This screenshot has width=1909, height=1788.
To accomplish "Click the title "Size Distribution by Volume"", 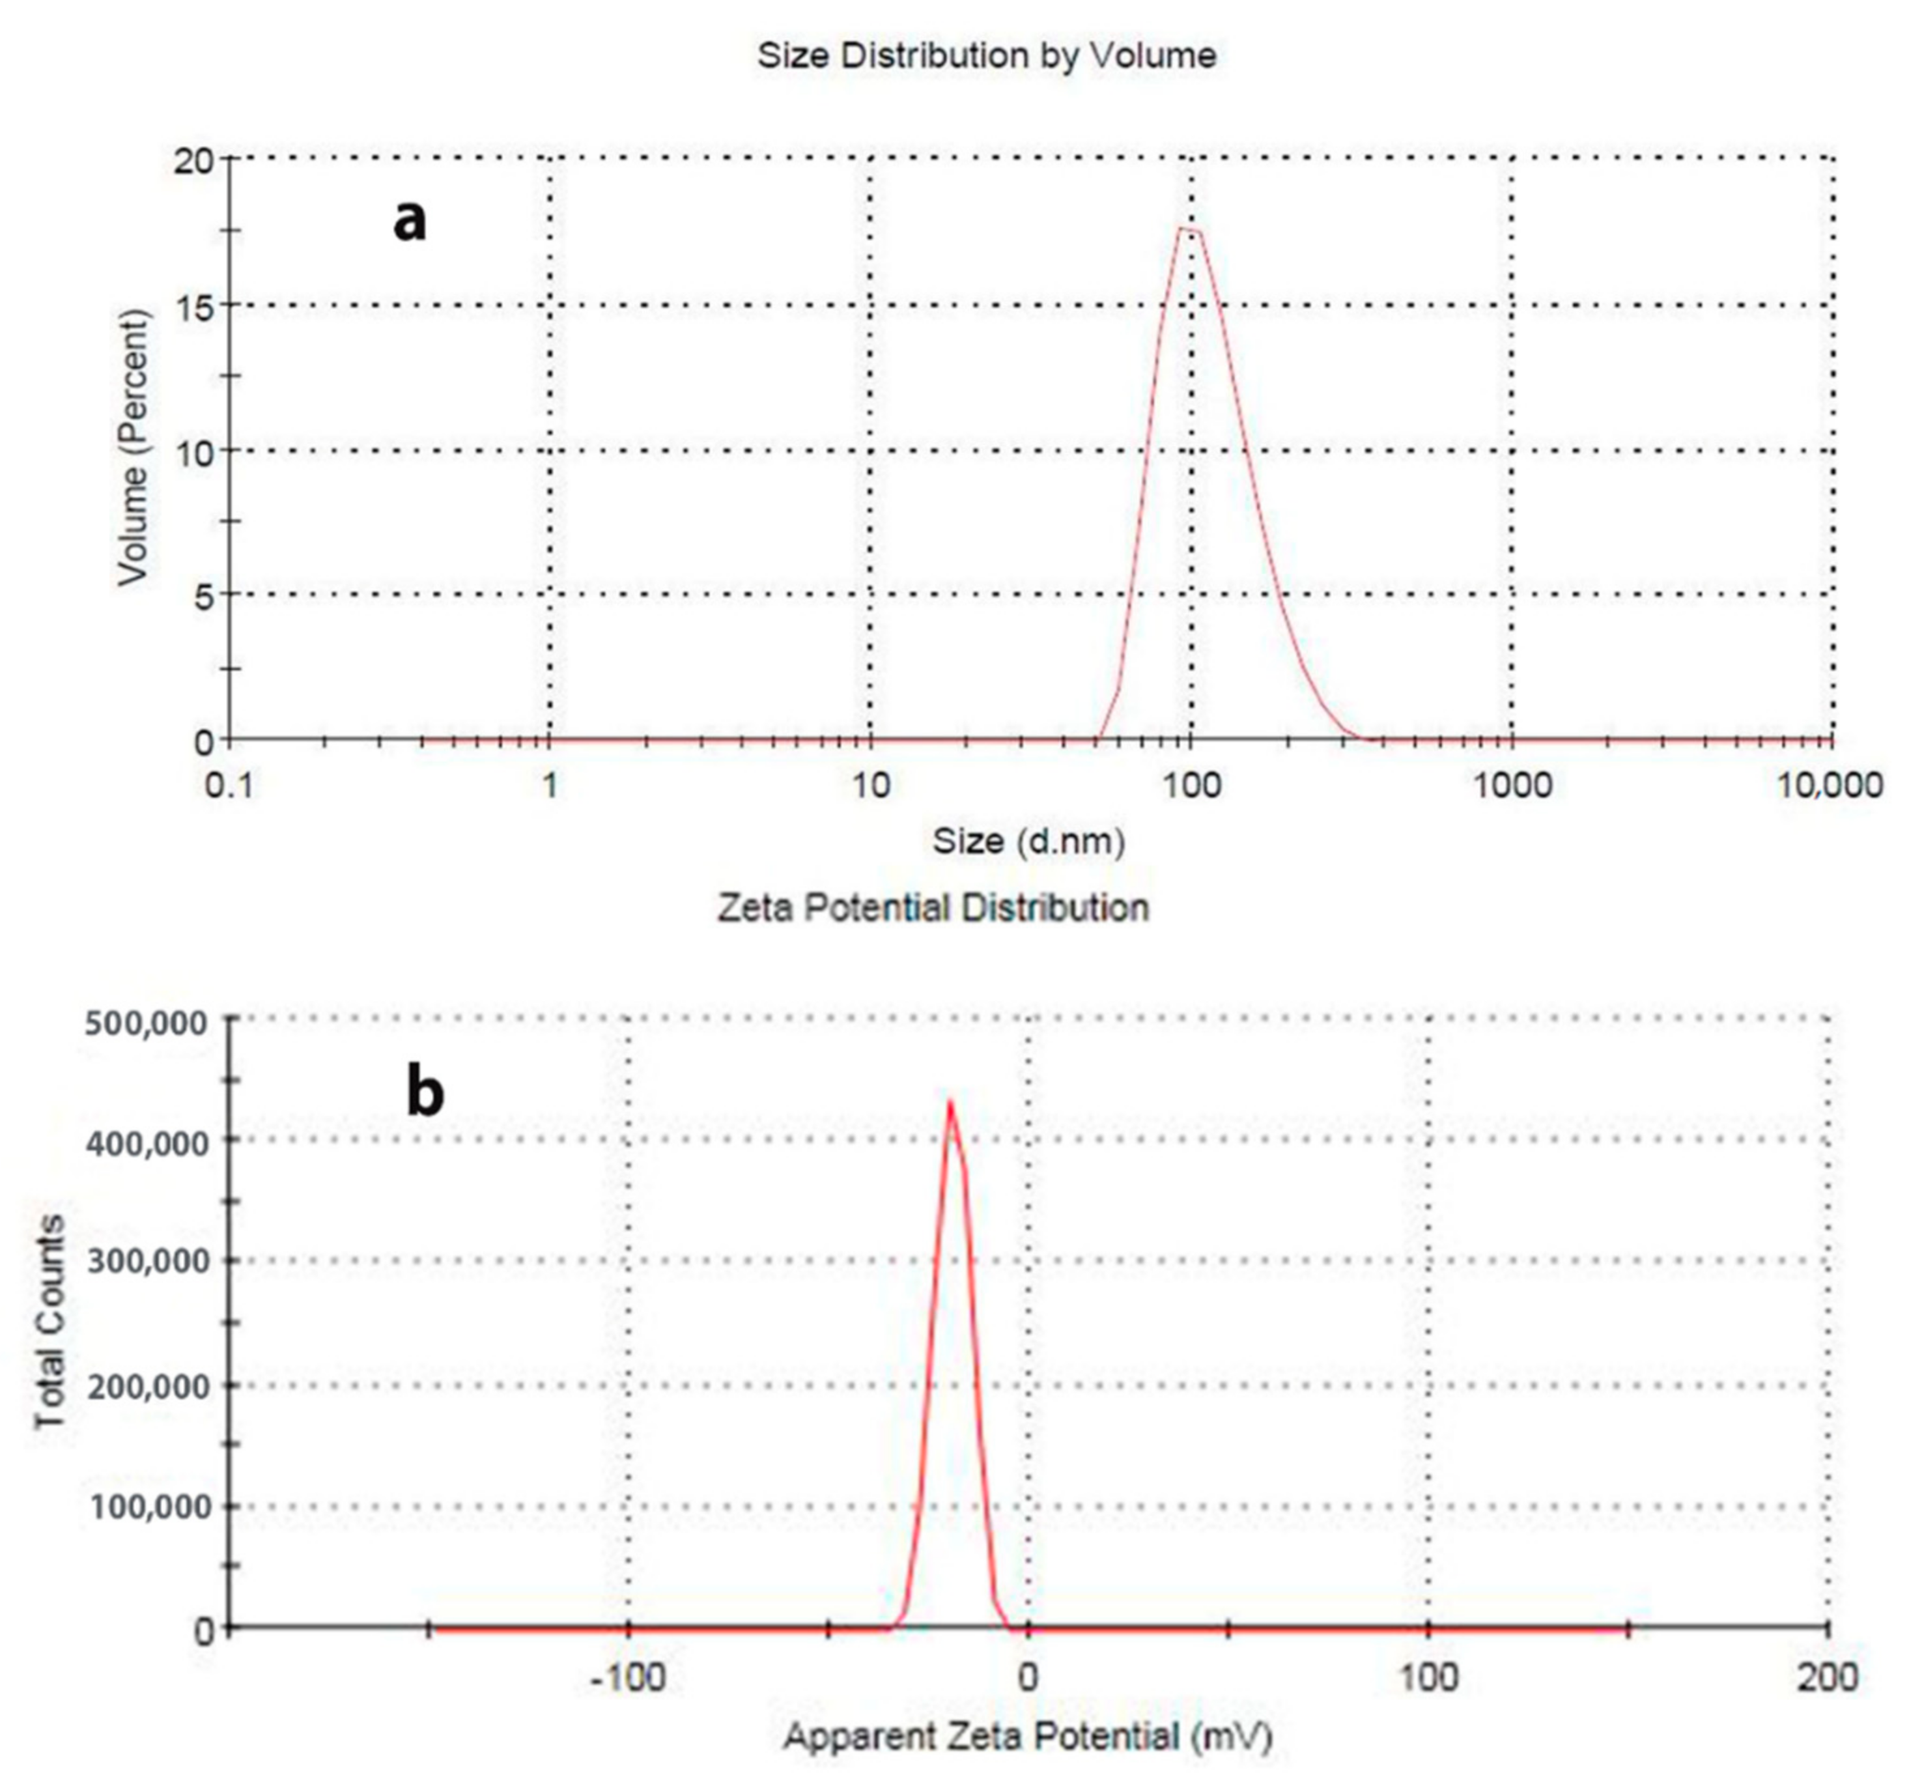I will pos(986,56).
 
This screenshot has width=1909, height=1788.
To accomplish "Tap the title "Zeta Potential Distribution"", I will pos(933,907).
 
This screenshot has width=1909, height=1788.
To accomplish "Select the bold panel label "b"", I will pos(425,1093).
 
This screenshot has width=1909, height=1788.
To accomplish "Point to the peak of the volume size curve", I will pos(1187,229).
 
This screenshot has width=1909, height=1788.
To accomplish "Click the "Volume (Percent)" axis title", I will pos(134,447).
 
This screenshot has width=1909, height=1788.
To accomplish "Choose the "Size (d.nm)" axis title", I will pos(1028,841).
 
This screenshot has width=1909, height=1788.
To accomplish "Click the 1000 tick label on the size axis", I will pos(1512,786).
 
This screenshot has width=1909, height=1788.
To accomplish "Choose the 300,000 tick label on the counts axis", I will pos(146,1261).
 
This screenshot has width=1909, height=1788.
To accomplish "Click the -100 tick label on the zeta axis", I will pos(628,1677).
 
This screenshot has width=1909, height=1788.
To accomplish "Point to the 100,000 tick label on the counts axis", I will pos(146,1507).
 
